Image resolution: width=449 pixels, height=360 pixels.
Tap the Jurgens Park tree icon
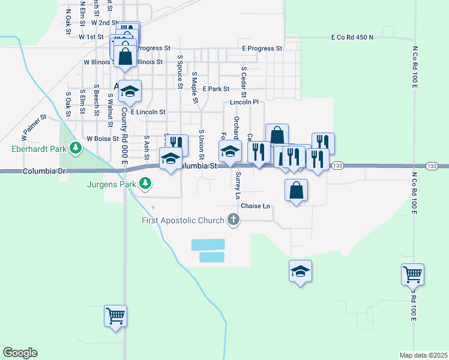144,183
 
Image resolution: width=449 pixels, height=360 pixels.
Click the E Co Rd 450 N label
352,37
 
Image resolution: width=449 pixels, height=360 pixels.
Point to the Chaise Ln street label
256,206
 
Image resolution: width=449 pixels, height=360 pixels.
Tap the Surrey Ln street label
238,185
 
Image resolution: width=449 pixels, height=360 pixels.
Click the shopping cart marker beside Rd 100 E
413,275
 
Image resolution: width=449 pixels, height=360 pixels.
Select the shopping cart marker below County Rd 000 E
115,316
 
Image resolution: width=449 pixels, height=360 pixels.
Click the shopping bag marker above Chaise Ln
296,191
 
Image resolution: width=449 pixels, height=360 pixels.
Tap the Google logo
20,353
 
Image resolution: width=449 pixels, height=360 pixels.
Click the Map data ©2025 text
424,355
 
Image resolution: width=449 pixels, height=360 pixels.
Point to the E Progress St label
262,48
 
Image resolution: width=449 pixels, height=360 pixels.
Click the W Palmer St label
34,126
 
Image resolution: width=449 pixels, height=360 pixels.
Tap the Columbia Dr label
44,171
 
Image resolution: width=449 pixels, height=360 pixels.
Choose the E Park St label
216,89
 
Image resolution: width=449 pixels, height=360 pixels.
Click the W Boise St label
102,138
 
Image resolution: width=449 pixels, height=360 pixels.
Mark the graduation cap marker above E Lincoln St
130,92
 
